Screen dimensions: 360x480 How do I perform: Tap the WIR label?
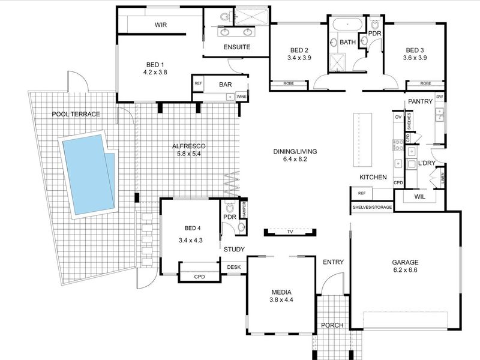(160, 25)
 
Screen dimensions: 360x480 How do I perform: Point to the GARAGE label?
(406, 262)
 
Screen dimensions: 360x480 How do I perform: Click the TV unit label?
(290, 231)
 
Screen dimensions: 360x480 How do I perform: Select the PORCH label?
(332, 325)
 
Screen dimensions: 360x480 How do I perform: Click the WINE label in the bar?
(242, 96)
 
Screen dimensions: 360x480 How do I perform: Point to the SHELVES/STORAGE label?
(372, 208)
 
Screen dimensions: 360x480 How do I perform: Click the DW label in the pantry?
(440, 97)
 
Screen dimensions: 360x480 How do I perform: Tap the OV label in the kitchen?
(398, 117)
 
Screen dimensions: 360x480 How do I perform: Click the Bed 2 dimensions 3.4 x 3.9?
(299, 58)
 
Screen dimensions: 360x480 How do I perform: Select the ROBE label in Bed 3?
(425, 83)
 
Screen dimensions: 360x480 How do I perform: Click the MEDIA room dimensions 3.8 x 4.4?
(281, 299)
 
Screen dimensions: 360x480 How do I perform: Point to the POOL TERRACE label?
(76, 114)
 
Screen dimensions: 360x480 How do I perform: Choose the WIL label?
(419, 196)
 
